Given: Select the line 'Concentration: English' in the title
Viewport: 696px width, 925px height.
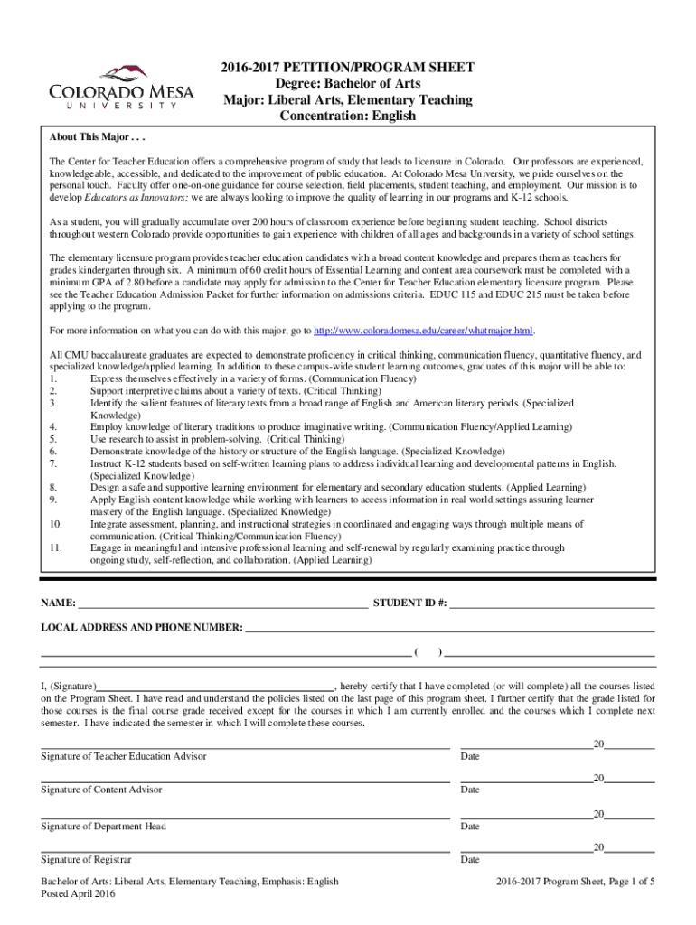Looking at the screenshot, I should tap(348, 116).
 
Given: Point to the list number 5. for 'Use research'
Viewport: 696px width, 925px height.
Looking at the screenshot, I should tap(54, 438).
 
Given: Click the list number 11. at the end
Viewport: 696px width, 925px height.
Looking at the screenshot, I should tap(57, 547).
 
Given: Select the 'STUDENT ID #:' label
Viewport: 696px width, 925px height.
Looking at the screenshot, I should tap(409, 603).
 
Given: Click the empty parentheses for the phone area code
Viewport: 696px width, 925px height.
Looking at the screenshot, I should tap(428, 651).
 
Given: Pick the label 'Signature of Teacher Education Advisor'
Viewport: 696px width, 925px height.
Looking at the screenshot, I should tap(124, 756).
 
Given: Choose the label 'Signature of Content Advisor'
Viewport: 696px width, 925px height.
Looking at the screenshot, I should tap(102, 790).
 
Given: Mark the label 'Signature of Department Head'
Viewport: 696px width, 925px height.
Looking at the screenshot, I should tap(104, 827).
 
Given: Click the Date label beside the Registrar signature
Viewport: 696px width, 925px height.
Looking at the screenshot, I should tap(470, 860).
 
